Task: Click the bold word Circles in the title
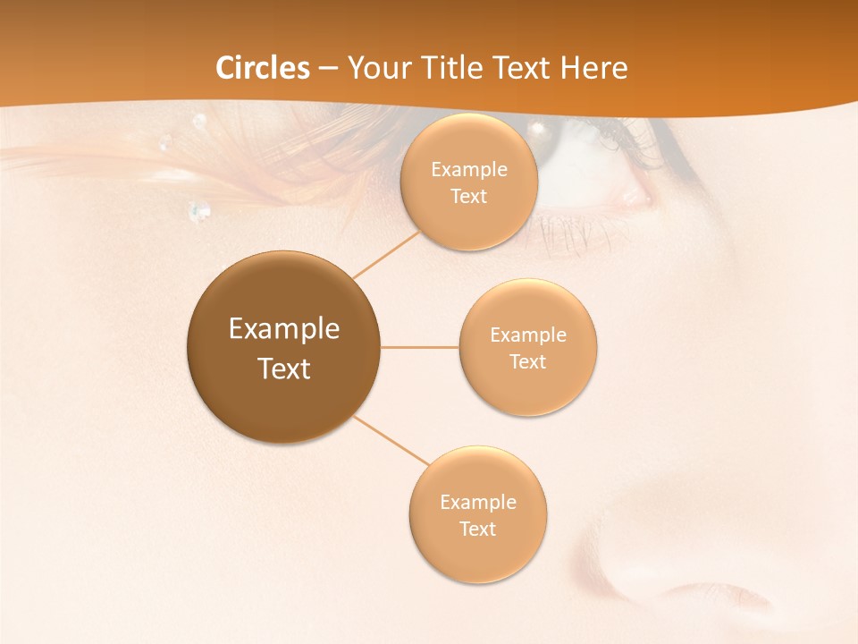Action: point(263,68)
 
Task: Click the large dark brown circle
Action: point(283,347)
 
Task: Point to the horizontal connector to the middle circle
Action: point(419,347)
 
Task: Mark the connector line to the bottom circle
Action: point(391,441)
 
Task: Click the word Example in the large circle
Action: point(283,329)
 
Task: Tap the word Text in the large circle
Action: point(283,369)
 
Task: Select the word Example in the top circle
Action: point(468,170)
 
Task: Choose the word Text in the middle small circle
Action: point(527,362)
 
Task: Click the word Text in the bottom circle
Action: point(477,530)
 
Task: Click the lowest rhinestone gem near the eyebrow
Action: point(199,212)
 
